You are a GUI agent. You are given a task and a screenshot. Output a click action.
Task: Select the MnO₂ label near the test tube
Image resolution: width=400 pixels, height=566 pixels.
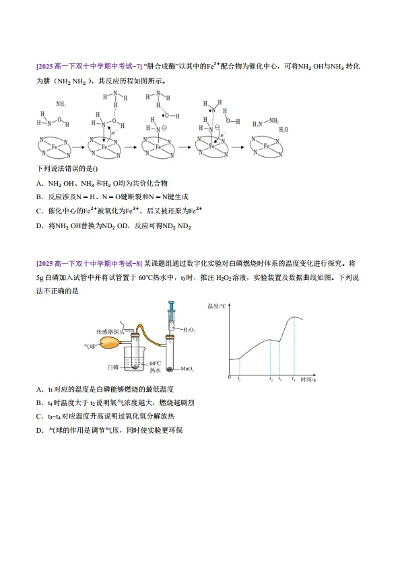click(188, 369)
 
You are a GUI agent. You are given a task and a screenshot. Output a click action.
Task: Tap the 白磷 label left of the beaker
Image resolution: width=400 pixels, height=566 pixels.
click(113, 367)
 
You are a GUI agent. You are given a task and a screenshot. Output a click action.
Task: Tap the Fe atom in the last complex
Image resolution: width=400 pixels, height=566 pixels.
click(267, 146)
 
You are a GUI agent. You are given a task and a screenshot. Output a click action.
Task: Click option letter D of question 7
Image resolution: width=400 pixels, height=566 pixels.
click(40, 226)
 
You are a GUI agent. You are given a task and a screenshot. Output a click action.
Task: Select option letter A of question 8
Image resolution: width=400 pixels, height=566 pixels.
click(40, 390)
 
